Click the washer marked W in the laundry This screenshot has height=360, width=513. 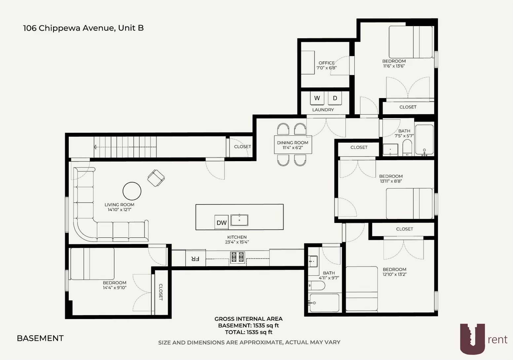[317, 98]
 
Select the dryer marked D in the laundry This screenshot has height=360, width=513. [335, 98]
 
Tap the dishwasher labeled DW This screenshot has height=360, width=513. [221, 223]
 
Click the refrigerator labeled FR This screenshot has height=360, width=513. [196, 259]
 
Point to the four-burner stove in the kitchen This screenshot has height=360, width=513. [238, 257]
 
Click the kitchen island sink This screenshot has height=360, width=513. [239, 220]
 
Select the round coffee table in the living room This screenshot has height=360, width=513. [132, 191]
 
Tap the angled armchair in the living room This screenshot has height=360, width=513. [156, 178]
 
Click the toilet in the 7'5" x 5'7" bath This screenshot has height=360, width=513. [407, 148]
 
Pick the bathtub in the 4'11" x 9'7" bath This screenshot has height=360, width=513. [324, 303]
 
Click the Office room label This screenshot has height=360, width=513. [326, 63]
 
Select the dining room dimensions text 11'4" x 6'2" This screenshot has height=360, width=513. [292, 148]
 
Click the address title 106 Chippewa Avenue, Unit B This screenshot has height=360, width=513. [83, 28]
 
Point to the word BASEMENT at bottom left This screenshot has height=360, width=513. [40, 338]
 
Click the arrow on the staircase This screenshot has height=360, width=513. [95, 147]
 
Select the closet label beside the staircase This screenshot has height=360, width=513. [242, 147]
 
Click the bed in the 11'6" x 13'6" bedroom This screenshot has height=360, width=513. [411, 42]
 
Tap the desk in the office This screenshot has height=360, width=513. [308, 62]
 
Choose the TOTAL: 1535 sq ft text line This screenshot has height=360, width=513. [248, 332]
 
